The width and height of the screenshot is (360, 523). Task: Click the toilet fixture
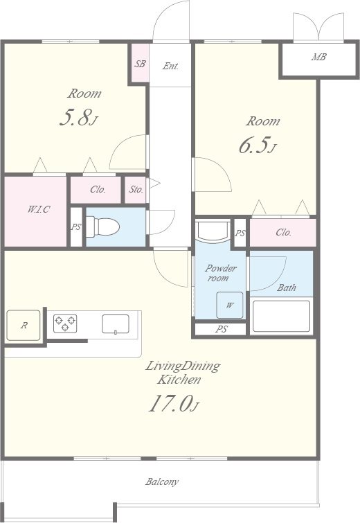(x=102, y=227)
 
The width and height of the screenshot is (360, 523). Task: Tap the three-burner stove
(x=65, y=323)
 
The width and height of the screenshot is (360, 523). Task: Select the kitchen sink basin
(x=116, y=324)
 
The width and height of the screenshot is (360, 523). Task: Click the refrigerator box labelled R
(x=24, y=325)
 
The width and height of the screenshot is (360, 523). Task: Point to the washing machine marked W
(x=230, y=305)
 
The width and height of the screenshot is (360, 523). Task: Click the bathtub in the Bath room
(x=281, y=316)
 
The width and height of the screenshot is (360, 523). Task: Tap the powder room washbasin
(x=213, y=230)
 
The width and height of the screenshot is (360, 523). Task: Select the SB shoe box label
(x=140, y=63)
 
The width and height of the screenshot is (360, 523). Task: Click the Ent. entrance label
(x=171, y=66)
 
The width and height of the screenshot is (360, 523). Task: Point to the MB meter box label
(x=318, y=57)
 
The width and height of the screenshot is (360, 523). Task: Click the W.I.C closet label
(x=39, y=209)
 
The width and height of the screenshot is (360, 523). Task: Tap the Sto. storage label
(x=136, y=189)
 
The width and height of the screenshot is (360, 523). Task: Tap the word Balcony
(x=162, y=481)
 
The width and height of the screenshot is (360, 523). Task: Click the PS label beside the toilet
(x=76, y=227)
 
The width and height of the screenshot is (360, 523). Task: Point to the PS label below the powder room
(x=222, y=329)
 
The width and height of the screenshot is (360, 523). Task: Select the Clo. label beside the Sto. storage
(x=98, y=189)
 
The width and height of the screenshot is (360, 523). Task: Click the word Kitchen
(x=179, y=380)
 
